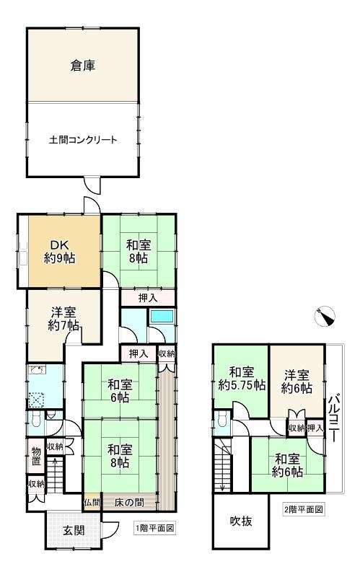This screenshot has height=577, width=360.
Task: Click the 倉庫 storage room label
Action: [83, 66]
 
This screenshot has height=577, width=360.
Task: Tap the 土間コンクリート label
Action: [83, 140]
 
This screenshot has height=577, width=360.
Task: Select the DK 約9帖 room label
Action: [60, 251]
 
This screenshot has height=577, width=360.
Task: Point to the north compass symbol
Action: [325, 317]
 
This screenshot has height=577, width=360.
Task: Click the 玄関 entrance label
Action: [74, 531]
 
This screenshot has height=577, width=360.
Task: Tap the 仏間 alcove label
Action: [92, 502]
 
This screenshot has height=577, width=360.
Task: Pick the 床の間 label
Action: [129, 502]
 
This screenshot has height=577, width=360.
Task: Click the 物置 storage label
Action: [36, 456]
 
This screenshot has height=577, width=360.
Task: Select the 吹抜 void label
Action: [241, 521]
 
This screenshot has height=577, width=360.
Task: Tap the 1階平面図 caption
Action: [154, 529]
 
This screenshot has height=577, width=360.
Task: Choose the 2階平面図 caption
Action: [304, 509]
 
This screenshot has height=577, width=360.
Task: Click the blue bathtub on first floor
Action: [162, 317]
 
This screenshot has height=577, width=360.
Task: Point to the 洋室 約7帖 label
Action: [63, 319]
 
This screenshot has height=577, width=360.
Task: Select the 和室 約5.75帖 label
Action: [242, 379]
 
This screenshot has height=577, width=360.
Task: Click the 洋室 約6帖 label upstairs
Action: [297, 382]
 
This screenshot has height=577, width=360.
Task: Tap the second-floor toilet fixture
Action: [222, 420]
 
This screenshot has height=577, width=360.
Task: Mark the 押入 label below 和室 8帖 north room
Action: [148, 298]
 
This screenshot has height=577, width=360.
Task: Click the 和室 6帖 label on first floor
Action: [118, 391]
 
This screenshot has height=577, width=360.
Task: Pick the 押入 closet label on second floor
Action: [315, 428]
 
